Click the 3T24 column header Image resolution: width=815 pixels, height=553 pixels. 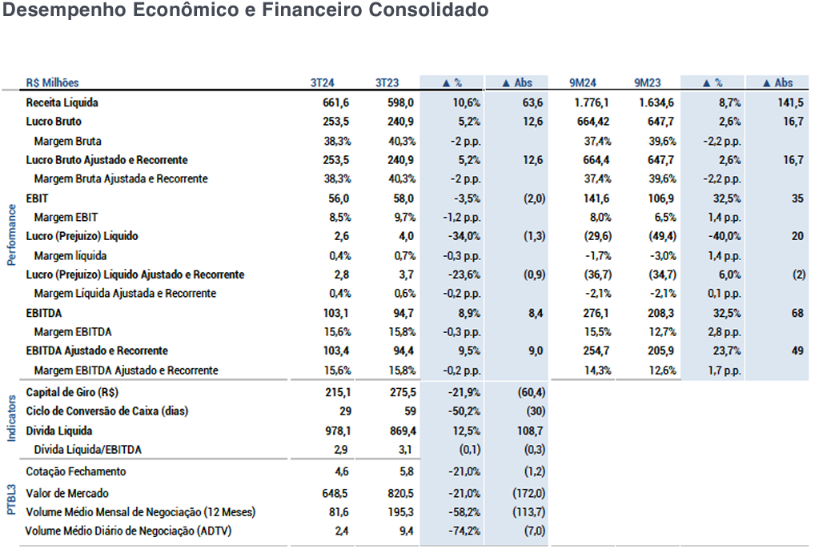click(x=322, y=82)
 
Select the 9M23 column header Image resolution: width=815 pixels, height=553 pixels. click(x=647, y=82)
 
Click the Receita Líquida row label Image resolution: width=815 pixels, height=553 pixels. click(x=62, y=102)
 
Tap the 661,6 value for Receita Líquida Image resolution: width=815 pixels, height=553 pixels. click(x=336, y=102)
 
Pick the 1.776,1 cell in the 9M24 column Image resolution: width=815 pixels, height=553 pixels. click(x=592, y=102)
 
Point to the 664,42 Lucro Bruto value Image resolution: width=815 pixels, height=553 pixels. click(x=592, y=122)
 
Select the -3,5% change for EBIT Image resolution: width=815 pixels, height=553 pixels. click(x=466, y=198)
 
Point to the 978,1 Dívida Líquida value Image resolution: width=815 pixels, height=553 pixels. click(x=336, y=431)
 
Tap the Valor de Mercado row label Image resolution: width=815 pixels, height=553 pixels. click(x=67, y=493)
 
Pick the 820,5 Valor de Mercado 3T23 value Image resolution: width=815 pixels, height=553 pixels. click(x=400, y=493)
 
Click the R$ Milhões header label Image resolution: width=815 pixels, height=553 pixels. click(x=53, y=82)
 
